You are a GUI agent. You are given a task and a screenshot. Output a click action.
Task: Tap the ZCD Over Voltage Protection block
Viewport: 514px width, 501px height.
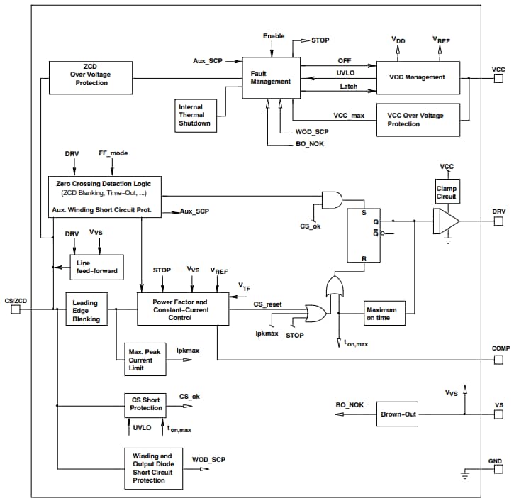coord(89,77)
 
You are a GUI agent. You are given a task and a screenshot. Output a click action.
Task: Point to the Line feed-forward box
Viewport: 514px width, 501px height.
coord(96,268)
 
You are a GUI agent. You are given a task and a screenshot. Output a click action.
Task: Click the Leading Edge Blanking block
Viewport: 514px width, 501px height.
coord(85,309)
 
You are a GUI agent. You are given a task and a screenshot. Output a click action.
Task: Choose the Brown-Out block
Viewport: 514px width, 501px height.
coord(398,414)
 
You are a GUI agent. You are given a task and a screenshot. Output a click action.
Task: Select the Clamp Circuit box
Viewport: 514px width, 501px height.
coord(446,192)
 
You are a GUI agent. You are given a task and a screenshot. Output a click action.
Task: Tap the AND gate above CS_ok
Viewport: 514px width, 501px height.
coord(330,201)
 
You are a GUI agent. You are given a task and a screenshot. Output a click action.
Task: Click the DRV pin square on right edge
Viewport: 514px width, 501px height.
coord(498,221)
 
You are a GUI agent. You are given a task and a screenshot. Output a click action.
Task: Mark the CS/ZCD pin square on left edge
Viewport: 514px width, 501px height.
coord(15,309)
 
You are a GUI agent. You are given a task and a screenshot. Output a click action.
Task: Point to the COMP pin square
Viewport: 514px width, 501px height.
coord(498,359)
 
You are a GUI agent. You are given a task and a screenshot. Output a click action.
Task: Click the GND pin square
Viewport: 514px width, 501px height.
coord(498,470)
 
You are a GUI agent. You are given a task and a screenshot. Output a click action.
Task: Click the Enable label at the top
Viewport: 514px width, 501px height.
coord(274,36)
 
